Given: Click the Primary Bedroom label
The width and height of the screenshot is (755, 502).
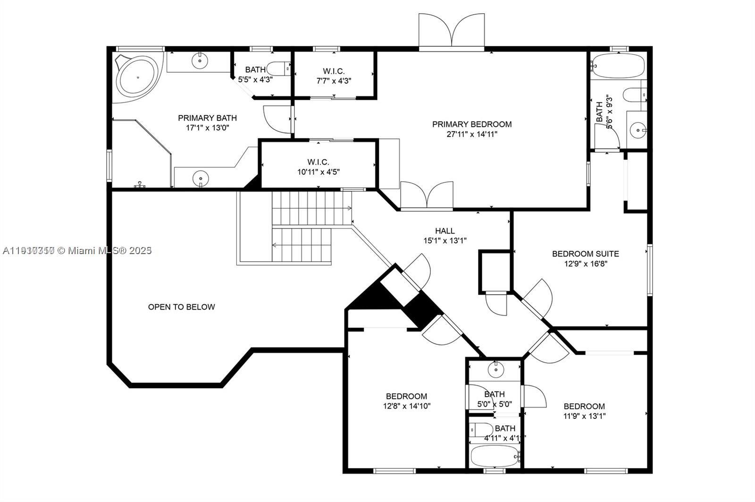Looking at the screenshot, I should [472, 124].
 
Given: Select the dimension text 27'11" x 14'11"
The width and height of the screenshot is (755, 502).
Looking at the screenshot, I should [472, 134].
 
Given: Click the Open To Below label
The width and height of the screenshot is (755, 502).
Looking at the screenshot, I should [181, 307].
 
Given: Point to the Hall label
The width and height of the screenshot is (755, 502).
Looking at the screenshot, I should [445, 231].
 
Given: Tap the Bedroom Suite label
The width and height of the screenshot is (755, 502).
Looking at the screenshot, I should [585, 254].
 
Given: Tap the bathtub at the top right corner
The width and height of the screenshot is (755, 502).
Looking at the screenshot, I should [618, 66].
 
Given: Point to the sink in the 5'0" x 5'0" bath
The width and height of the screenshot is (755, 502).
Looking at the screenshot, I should [495, 369].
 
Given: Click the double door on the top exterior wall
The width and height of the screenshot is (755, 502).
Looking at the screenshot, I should [452, 32].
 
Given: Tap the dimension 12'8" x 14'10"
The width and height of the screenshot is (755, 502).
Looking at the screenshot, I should [406, 406].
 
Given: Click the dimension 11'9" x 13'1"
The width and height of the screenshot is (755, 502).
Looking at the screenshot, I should [584, 416].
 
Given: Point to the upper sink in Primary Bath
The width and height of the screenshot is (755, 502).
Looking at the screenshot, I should [200, 60].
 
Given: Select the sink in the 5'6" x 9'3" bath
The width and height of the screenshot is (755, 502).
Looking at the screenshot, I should [638, 128].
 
